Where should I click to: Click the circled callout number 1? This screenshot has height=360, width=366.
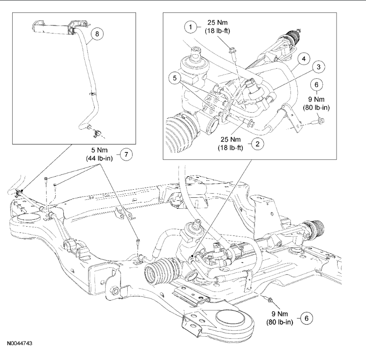(x=191, y=28)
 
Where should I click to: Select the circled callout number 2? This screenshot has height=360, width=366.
(x=257, y=144)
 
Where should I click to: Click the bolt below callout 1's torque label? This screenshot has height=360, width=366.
(x=232, y=51)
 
